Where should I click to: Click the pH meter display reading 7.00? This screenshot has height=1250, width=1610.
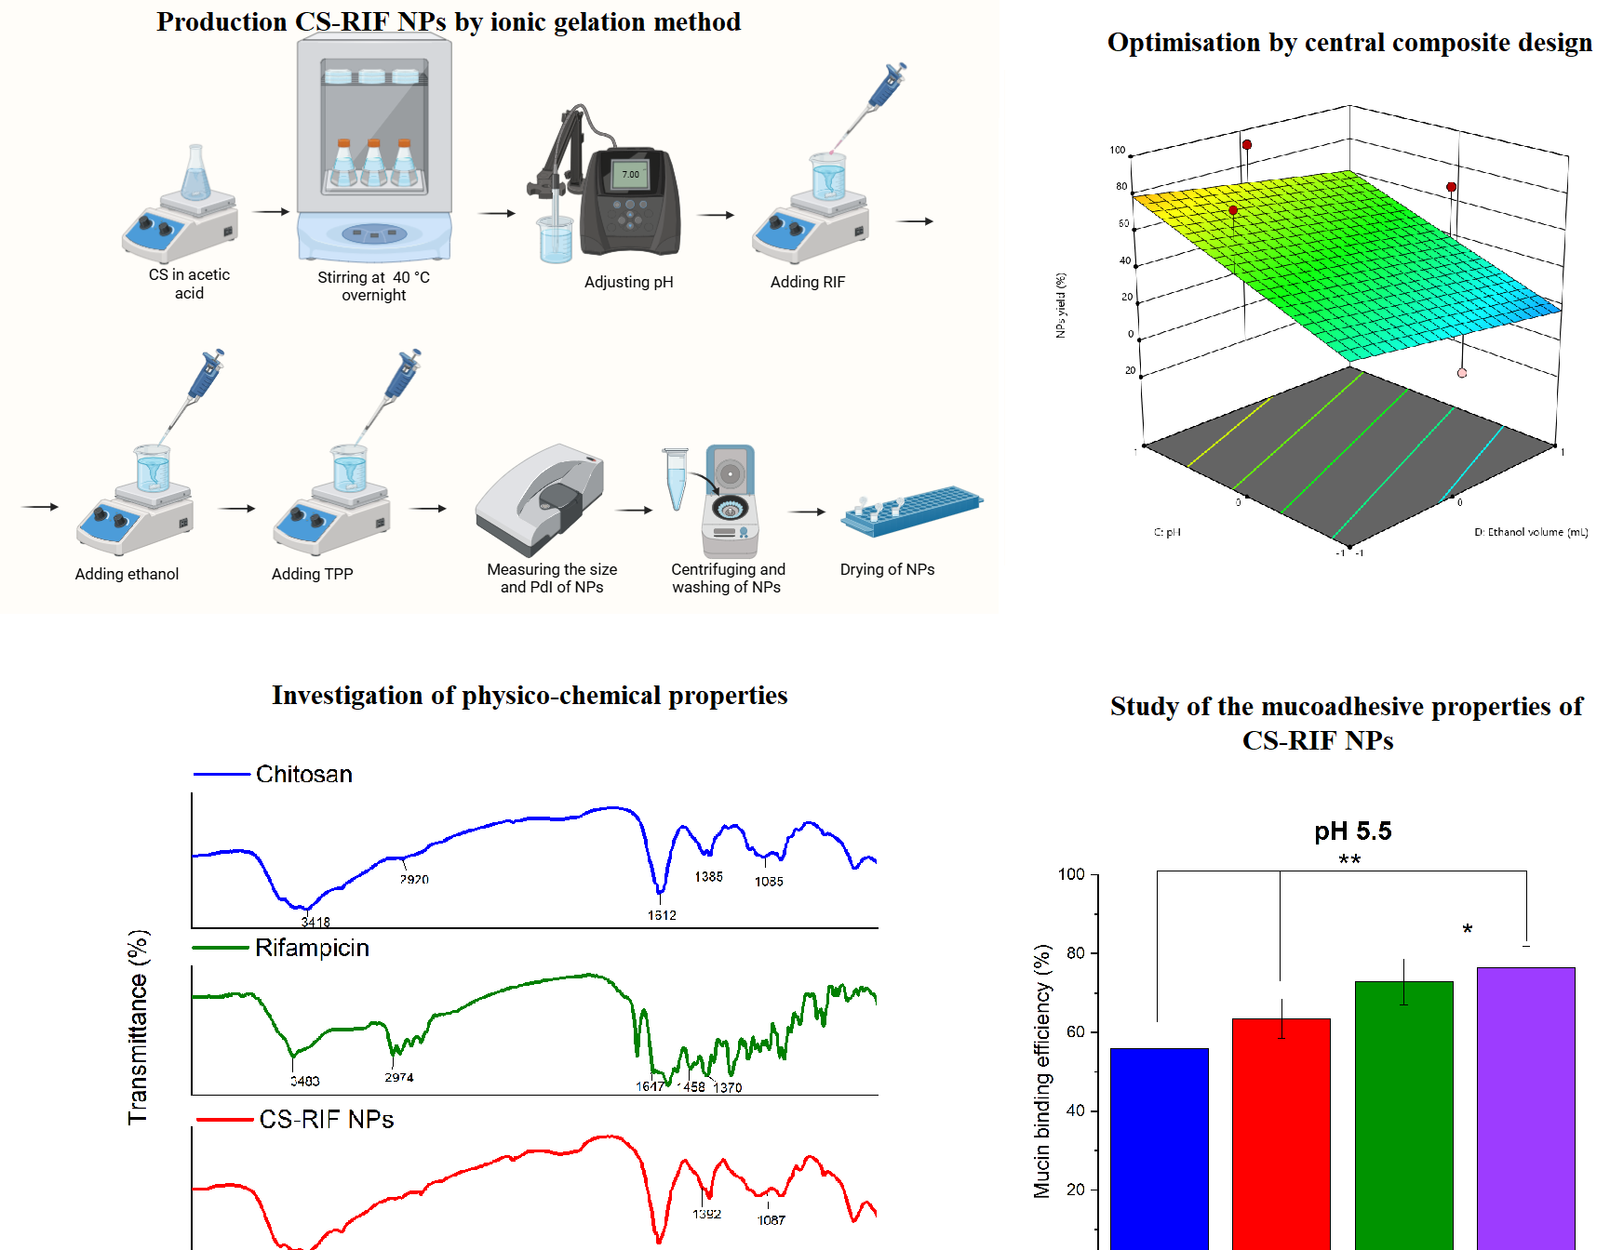[631, 174]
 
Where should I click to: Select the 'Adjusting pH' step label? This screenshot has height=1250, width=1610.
[628, 282]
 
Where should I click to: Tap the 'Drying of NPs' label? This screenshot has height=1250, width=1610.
[887, 569]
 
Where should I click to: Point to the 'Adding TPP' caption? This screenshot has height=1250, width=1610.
[312, 574]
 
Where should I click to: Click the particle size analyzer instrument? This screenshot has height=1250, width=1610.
[540, 499]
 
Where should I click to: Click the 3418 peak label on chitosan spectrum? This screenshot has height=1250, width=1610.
[315, 922]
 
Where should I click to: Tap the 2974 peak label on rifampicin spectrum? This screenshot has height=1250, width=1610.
[399, 1077]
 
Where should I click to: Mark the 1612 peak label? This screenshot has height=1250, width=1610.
[662, 915]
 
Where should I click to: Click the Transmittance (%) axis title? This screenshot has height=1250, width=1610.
[138, 1027]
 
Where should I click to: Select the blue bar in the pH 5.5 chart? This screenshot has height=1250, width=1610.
[1159, 1149]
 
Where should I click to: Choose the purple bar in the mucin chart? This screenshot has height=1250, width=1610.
[1525, 1107]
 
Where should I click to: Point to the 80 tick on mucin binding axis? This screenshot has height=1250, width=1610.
[1076, 952]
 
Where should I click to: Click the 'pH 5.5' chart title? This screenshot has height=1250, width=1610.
[1352, 831]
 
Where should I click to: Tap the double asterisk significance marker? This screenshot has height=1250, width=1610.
[1349, 860]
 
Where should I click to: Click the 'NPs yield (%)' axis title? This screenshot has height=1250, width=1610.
[1061, 305]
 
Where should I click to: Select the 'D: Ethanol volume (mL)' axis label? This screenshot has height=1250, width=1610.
[1530, 532]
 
